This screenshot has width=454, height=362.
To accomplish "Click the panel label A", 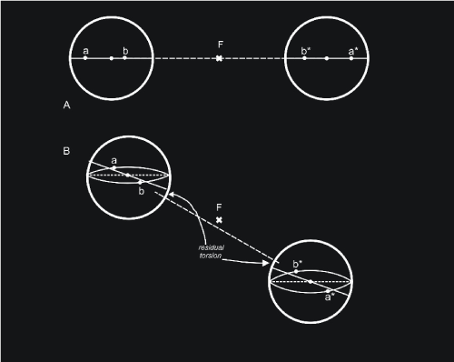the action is pyautogui.click(x=66, y=106).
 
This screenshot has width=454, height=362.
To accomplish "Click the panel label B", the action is pyautogui.click(x=66, y=151).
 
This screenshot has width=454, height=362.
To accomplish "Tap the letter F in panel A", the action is pyautogui.click(x=221, y=45).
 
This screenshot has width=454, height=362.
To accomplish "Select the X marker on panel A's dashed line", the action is pyautogui.click(x=219, y=58).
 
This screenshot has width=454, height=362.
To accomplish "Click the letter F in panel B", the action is pyautogui.click(x=219, y=207).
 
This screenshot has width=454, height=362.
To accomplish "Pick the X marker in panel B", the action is pyautogui.click(x=219, y=220).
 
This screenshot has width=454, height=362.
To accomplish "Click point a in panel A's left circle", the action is pyautogui.click(x=85, y=58).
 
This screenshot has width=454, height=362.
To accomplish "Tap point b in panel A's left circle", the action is pyautogui.click(x=124, y=57).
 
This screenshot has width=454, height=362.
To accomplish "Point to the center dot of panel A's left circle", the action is pyautogui.click(x=112, y=58).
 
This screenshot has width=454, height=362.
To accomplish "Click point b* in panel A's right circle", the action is pyautogui.click(x=304, y=58).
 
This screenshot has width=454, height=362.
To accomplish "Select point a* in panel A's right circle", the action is pyautogui.click(x=351, y=58).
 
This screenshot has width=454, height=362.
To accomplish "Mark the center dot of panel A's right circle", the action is pyautogui.click(x=327, y=58).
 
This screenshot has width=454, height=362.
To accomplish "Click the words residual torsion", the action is pyautogui.click(x=211, y=252).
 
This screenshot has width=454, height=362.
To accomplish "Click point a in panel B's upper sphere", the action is pyautogui.click(x=114, y=167).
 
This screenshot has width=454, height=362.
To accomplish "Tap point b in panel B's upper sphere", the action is pyautogui.click(x=140, y=183).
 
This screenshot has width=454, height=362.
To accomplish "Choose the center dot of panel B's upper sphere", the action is pyautogui.click(x=128, y=175).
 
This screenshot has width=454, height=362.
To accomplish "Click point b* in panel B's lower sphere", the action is pyautogui.click(x=296, y=271).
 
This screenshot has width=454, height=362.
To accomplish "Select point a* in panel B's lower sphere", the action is pyautogui.click(x=328, y=291).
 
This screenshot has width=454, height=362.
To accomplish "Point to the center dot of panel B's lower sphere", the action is pyautogui.click(x=311, y=282).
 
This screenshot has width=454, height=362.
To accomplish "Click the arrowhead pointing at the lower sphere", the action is pyautogui.click(x=265, y=263).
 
